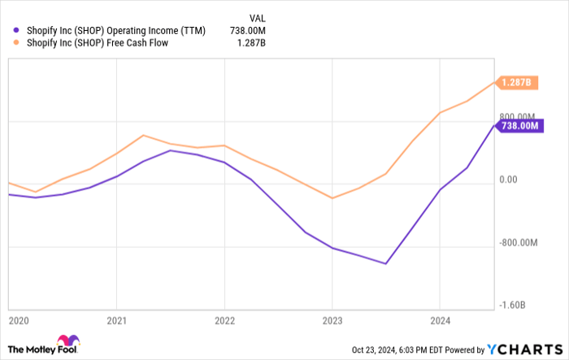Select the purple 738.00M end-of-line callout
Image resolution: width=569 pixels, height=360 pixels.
519,126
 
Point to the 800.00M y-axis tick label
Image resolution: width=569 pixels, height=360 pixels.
519,117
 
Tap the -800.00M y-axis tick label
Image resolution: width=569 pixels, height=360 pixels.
517,242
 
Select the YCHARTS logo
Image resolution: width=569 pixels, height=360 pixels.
523,349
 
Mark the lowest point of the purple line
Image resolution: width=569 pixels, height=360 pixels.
386,263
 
